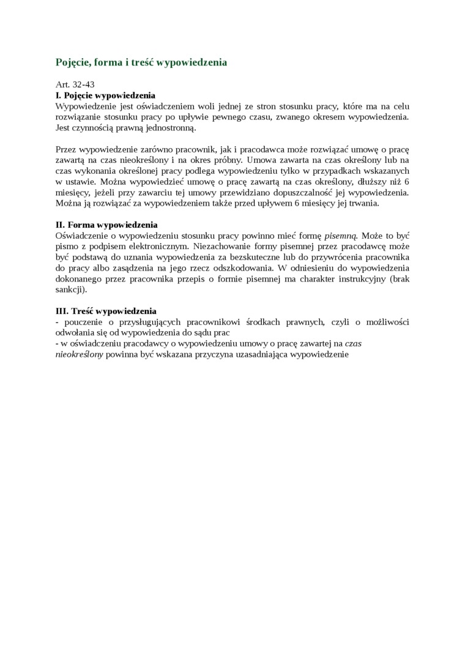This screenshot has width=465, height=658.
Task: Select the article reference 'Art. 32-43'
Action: coord(75,84)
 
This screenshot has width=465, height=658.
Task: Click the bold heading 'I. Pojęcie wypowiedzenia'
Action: coord(105,95)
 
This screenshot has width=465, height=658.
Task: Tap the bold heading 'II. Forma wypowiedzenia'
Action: coord(106,225)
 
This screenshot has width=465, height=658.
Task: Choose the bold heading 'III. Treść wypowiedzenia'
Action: coord(106,311)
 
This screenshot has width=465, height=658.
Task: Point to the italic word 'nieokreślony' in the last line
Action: coord(80,354)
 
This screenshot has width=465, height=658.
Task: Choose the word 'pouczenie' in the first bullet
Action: coord(82,321)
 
